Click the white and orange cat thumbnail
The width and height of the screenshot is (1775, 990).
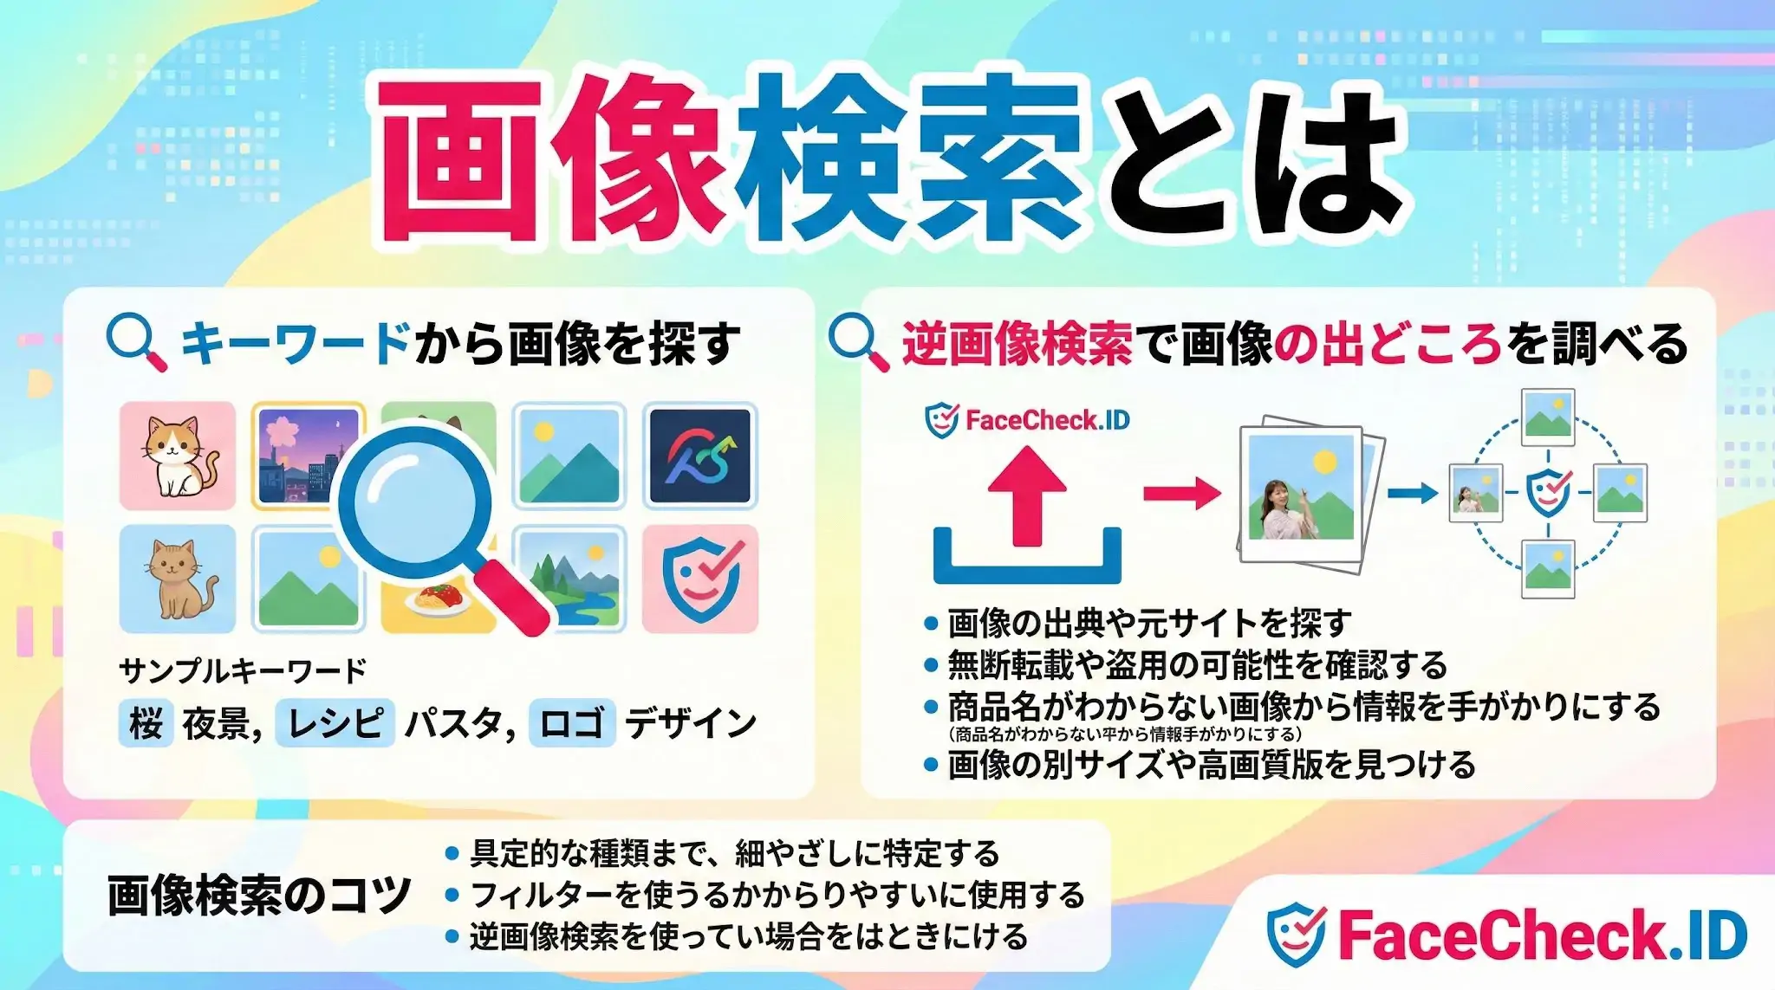click(178, 456)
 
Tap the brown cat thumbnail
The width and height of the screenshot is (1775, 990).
click(178, 579)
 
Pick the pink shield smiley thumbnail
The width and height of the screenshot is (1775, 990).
click(700, 579)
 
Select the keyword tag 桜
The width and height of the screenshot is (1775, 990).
click(146, 723)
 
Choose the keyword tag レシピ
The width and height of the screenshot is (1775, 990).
click(335, 723)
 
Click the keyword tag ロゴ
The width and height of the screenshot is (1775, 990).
click(571, 723)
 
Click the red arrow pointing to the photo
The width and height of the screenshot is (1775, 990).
click(1182, 494)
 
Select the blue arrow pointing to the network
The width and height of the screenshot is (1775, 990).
click(1412, 494)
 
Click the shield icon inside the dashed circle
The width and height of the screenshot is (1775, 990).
click(1548, 492)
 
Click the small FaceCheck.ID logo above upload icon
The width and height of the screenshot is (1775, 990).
click(1028, 421)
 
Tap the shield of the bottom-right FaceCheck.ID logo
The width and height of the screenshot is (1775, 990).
click(1296, 935)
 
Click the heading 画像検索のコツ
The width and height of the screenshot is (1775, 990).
click(258, 896)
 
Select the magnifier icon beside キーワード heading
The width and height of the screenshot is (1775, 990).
click(136, 341)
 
